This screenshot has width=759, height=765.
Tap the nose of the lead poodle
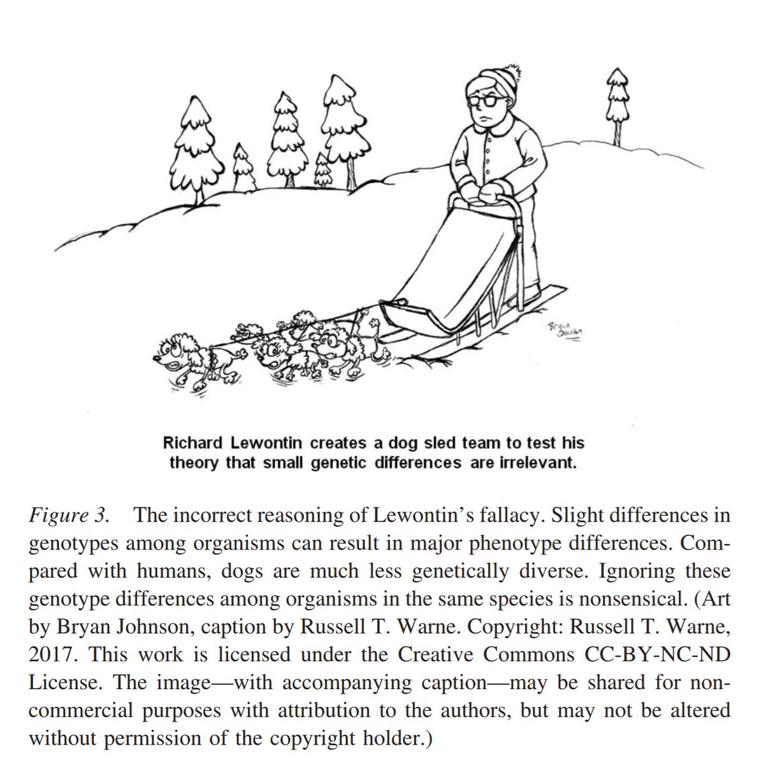click(x=157, y=359)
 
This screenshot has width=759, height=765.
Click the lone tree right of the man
click(x=616, y=102)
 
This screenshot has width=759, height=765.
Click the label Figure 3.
click(x=68, y=515)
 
